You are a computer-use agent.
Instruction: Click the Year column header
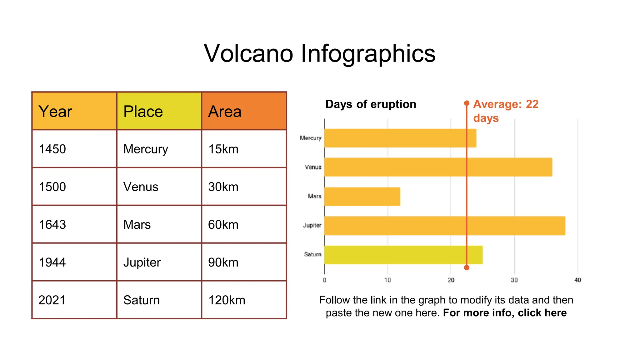coord(74,111)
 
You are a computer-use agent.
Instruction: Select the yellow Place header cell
coord(159,111)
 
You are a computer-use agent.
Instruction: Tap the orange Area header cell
coord(244,111)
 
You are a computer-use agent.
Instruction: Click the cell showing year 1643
coord(74,224)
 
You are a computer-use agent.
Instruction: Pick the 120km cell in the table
coord(244,300)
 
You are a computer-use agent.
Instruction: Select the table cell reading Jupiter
coord(159,262)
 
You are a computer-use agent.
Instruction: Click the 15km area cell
coord(244,149)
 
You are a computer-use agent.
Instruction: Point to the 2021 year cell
coord(74,300)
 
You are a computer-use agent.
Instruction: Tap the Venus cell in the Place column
coord(159,187)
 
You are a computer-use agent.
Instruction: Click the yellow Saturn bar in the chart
coord(403,255)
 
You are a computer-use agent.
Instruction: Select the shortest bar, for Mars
coord(362,197)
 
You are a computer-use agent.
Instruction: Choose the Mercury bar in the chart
coord(400,138)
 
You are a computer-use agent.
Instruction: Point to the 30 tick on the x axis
coord(514,280)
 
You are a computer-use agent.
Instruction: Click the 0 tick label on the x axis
coord(324,280)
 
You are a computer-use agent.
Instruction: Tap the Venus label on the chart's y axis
coord(313,167)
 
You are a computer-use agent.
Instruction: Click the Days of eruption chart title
coord(371,104)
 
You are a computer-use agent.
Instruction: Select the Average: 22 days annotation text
coord(505,111)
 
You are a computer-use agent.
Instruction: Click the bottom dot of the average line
coord(467,267)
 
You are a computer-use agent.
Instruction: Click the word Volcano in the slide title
coord(248,53)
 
